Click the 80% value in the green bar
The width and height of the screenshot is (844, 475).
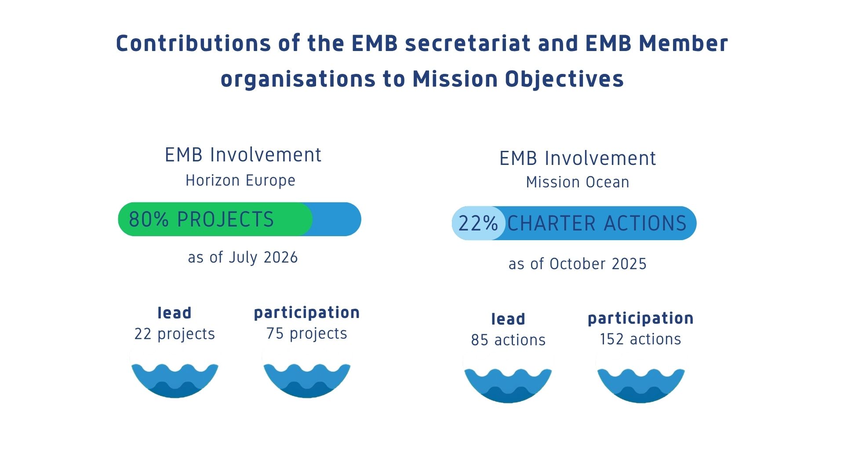[149, 219]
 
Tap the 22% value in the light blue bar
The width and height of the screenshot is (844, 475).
[478, 223]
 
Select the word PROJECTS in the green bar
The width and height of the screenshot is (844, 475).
[226, 219]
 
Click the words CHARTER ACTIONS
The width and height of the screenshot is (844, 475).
[597, 223]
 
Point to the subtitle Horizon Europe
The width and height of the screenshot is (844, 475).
[240, 180]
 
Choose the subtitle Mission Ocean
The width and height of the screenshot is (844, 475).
[578, 182]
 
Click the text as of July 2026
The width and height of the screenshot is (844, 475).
[243, 257]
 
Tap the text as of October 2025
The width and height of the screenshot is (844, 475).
[578, 264]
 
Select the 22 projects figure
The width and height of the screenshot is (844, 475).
[175, 334]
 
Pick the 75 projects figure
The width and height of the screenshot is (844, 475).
[307, 334]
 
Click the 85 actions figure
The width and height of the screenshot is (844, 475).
[508, 340]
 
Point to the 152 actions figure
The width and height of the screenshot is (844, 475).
[640, 339]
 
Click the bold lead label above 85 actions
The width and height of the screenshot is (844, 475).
[508, 319]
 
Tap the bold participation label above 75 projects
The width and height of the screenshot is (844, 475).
[307, 313]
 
